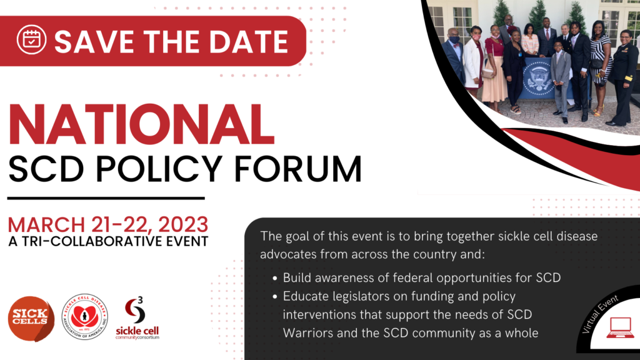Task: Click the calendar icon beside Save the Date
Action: click(x=31, y=39)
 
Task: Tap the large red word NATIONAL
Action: click(x=141, y=124)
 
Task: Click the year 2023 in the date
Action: click(x=183, y=224)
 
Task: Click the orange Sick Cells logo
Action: click(x=31, y=318)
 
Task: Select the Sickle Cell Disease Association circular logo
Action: click(x=84, y=317)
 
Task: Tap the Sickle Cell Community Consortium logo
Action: click(x=137, y=318)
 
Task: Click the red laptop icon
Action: click(x=620, y=327)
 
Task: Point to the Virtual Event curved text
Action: click(x=599, y=314)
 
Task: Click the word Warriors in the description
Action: click(x=308, y=333)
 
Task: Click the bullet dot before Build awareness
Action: click(x=275, y=278)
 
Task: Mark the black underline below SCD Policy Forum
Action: click(x=106, y=198)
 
